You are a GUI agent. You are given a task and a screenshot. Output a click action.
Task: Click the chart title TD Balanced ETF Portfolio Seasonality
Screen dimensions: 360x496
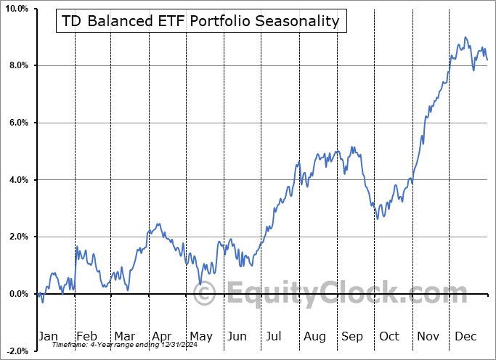200,21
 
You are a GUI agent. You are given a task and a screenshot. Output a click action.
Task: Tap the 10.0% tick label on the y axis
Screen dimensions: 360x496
17,9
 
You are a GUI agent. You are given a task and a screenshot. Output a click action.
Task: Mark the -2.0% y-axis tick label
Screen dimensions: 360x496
17,351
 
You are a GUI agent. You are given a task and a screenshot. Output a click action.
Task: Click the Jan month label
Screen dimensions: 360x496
48,336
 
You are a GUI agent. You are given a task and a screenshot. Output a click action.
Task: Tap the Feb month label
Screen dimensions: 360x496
86,336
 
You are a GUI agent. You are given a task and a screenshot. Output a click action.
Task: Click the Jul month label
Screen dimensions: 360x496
274,336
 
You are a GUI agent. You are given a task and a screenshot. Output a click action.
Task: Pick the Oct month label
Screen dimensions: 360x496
389,336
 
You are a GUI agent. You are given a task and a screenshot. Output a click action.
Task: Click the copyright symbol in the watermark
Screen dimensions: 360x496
205,295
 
